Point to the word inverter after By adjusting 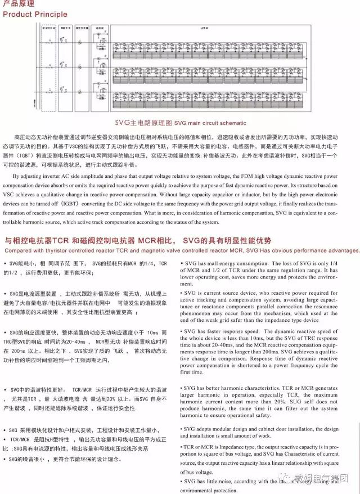(x=57, y=176)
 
